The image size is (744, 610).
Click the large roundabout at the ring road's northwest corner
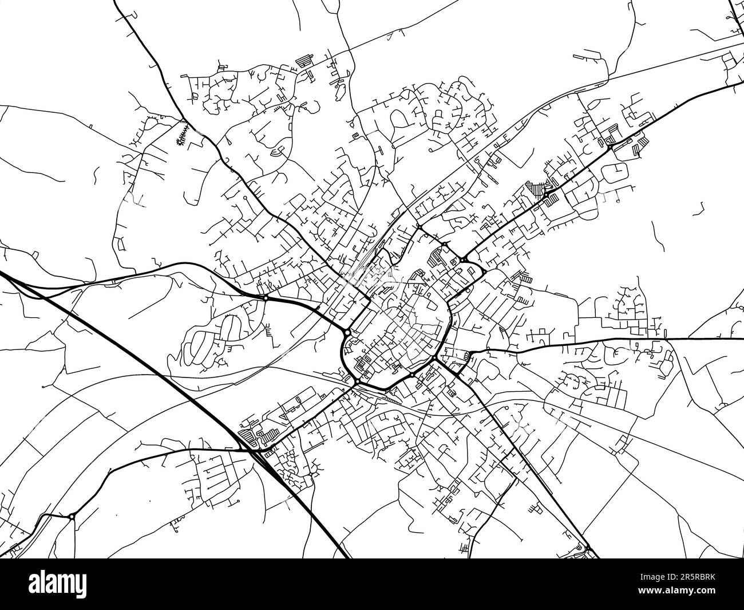pyautogui.click(x=347, y=332)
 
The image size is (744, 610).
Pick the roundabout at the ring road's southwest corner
pyautogui.click(x=358, y=381)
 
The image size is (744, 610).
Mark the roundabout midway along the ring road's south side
pyautogui.click(x=411, y=375)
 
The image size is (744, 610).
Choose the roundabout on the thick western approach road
pyautogui.click(x=266, y=298)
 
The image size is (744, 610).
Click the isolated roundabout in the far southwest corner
pyautogui.click(x=72, y=517)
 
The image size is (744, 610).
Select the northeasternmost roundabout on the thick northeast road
pyautogui.click(x=611, y=147)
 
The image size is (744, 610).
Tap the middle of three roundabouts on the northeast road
pyautogui.click(x=547, y=196)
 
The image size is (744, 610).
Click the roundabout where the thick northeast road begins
pyautogui.click(x=462, y=260)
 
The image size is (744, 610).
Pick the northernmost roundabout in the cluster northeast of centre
pyautogui.click(x=420, y=227)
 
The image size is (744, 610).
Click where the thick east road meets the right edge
pyautogui.click(x=742, y=339)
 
